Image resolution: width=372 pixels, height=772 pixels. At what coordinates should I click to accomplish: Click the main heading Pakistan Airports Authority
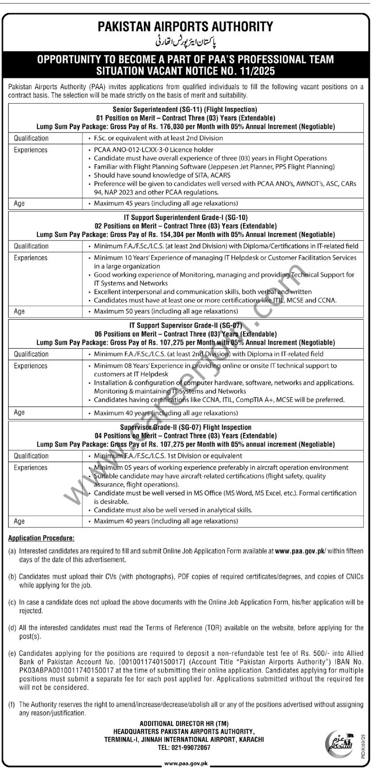pos(186,26)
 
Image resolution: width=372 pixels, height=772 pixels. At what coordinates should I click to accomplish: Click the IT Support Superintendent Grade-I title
pos(186,217)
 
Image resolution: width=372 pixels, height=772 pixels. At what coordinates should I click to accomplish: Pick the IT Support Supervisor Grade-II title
pos(186,325)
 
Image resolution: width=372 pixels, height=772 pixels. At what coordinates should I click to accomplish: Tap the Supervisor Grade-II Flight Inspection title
pos(186,427)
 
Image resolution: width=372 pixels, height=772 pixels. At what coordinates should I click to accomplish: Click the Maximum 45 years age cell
pos(166,203)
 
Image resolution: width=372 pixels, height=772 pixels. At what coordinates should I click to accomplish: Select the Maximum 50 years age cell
pos(166,311)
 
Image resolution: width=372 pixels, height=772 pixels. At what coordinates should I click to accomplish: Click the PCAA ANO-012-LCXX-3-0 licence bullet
pos(154,150)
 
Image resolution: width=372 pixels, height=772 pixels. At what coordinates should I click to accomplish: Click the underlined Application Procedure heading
pos(42,538)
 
